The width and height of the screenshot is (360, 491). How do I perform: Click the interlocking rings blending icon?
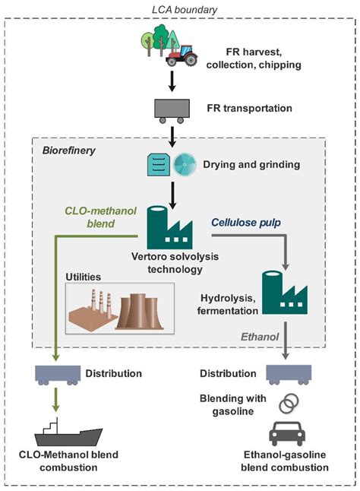point(286,404)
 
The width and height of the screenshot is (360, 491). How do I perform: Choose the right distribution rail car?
point(287,375)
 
